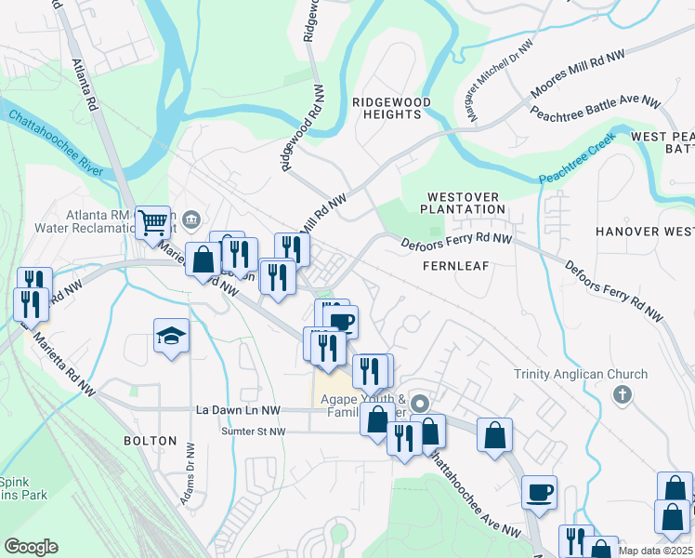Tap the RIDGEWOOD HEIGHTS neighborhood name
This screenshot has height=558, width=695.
point(387,107)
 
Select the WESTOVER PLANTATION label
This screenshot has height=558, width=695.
point(466,203)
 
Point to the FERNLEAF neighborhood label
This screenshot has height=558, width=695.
point(456,265)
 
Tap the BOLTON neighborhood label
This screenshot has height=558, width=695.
point(150,440)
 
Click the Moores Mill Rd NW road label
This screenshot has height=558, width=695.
point(567,79)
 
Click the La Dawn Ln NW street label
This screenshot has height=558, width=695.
point(238,409)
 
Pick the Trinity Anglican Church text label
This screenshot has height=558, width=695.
point(581,375)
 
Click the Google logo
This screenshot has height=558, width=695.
point(31,547)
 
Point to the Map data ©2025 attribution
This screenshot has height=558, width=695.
point(655,551)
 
